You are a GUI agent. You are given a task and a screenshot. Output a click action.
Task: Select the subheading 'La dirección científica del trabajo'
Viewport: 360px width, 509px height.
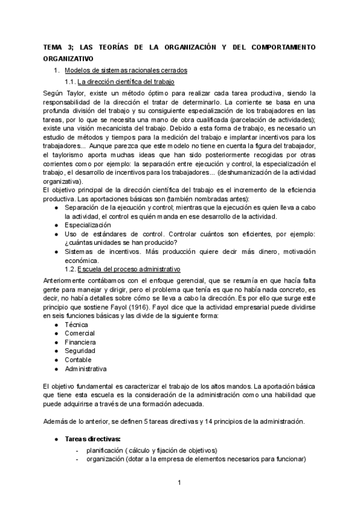[126, 82]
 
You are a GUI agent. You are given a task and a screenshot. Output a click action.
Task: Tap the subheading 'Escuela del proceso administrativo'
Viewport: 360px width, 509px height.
[125, 270]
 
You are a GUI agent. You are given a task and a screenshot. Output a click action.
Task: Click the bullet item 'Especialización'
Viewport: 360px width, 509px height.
[88, 225]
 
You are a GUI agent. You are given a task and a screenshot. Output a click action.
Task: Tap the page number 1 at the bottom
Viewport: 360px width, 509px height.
[179, 483]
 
